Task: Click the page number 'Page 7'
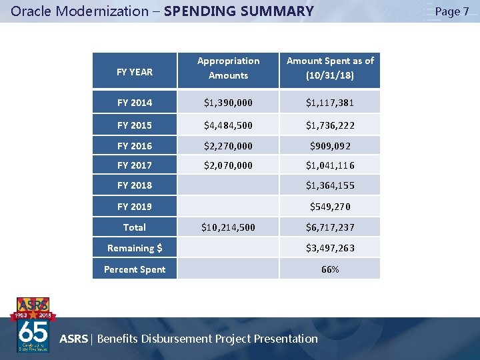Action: tap(451, 11)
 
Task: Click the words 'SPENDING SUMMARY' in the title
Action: tap(238, 11)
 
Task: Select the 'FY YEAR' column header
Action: tap(135, 71)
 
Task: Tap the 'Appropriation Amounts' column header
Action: tap(228, 68)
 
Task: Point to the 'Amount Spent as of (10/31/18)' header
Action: tap(330, 68)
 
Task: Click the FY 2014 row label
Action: tap(135, 103)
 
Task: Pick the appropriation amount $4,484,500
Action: tap(228, 125)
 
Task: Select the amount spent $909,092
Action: tap(330, 145)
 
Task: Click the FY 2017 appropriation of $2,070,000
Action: tap(228, 165)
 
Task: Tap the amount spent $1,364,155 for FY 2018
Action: tap(330, 185)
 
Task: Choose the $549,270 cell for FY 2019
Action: tap(330, 207)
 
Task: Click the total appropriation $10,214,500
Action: tap(228, 227)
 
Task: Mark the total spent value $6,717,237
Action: tap(330, 227)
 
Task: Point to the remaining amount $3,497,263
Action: tap(330, 248)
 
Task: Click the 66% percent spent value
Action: tap(330, 269)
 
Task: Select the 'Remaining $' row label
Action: tap(135, 248)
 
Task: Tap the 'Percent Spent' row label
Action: tap(135, 269)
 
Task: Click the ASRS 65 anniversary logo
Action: tap(33, 325)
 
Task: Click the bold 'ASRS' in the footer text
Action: tap(73, 339)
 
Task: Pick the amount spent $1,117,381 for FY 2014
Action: tap(330, 103)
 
